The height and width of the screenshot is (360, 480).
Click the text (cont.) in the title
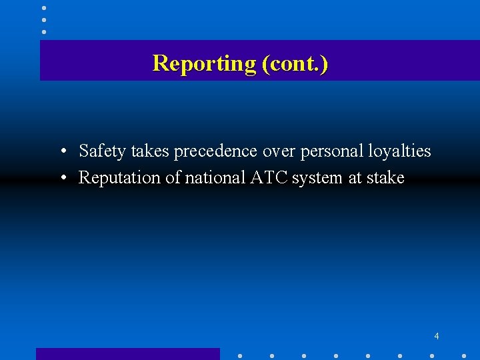[295, 63]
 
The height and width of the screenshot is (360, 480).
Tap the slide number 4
[437, 336]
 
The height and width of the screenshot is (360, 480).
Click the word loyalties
[399, 151]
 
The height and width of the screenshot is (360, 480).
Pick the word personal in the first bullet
[332, 151]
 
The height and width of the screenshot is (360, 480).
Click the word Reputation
[114, 178]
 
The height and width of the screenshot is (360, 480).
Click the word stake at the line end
[385, 178]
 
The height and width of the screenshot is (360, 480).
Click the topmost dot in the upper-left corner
[44, 8]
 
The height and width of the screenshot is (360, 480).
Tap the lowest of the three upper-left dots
[44, 31]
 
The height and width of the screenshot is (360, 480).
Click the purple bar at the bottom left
[127, 354]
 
